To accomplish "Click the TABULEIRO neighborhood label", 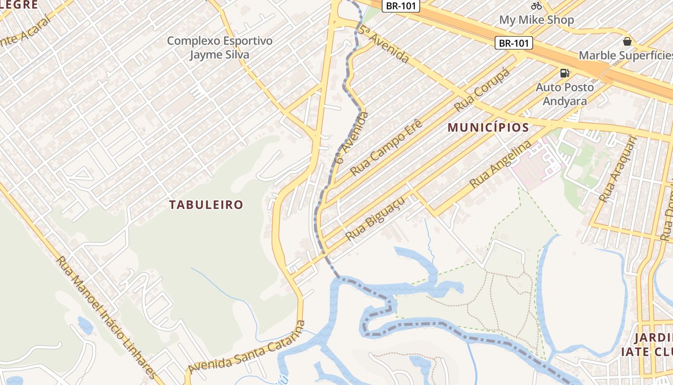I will [206, 205].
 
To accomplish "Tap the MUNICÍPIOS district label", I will [488, 128].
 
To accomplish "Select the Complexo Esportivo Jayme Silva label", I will [220, 48].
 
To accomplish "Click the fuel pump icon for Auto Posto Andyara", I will [564, 73].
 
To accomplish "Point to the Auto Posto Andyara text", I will [565, 94].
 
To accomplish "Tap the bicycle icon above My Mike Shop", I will [536, 6].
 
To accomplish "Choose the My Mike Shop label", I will [536, 20].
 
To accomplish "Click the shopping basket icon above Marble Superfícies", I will [627, 41].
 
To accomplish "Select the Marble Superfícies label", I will [625, 55].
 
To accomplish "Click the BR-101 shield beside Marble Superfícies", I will [514, 43].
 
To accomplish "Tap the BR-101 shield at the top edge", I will [401, 6].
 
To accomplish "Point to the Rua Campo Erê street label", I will [386, 148].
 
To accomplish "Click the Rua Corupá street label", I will [482, 89].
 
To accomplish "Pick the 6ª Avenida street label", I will [352, 138].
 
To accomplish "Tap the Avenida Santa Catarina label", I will [247, 347].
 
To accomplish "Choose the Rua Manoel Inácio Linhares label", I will [106, 318].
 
